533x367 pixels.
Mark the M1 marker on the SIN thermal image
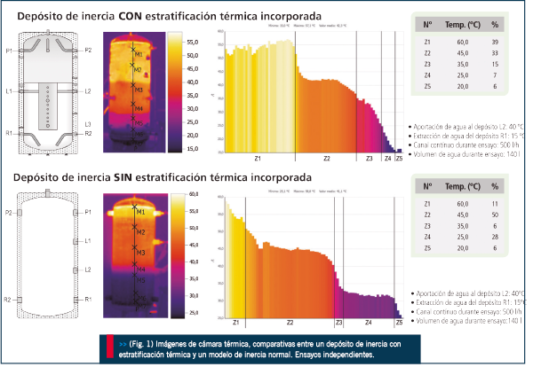[139, 213]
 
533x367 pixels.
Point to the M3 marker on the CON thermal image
[138, 90]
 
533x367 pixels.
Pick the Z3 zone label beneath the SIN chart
[338, 324]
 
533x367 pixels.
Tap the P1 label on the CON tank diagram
[9, 51]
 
